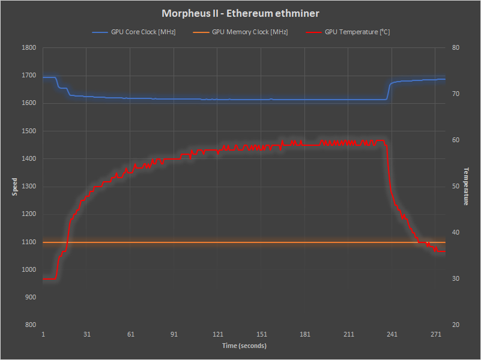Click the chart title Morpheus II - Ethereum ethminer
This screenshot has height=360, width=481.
pos(240,13)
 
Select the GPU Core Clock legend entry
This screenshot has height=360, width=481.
pos(143,32)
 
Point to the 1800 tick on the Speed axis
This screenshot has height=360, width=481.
pos(28,48)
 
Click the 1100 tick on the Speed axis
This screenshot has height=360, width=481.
pos(28,242)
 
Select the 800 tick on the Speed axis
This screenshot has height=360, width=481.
pos(30,325)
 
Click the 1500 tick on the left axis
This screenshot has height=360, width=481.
pos(28,131)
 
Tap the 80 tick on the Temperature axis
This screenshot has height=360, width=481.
pos(455,48)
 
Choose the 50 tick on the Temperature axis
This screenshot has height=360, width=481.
pos(455,187)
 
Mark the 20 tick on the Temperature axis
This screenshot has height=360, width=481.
pos(455,325)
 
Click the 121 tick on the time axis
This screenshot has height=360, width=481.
pos(218,334)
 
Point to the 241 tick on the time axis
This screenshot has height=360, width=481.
pos(392,334)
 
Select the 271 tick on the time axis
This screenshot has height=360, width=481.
pos(436,334)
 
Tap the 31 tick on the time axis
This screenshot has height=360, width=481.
pos(87,334)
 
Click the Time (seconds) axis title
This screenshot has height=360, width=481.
pos(244,346)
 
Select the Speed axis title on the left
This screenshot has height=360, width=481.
pos(15,187)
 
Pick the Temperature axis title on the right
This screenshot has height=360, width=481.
pos(466,187)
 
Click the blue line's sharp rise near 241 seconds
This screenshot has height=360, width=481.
pos(388,90)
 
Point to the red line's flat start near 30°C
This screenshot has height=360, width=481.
pos(50,278)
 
